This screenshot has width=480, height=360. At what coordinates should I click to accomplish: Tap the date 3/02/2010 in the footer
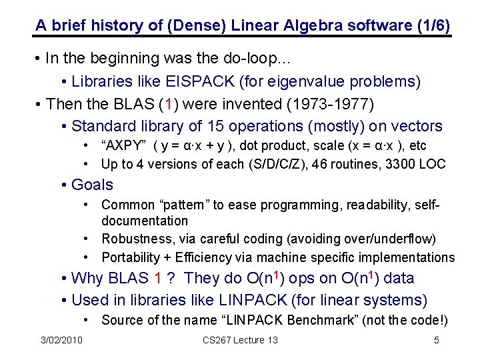tap(61, 341)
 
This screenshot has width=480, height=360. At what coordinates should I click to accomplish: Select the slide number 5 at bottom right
tap(436, 341)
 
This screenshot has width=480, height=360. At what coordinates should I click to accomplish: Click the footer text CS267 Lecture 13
tap(240, 341)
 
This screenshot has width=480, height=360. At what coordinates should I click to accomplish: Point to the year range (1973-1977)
tap(331, 104)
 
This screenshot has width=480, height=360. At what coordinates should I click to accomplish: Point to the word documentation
tap(145, 221)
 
